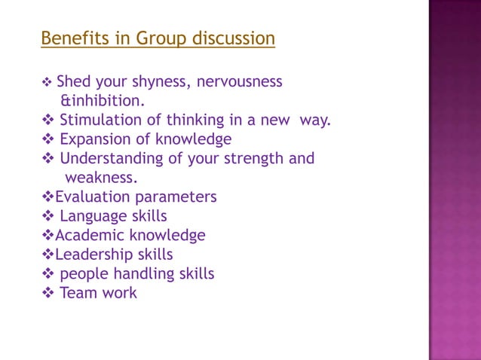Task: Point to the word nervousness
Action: (x=240, y=81)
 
